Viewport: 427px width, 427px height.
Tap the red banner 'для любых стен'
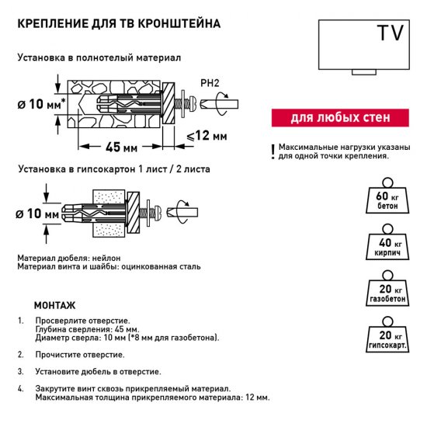coord(338,119)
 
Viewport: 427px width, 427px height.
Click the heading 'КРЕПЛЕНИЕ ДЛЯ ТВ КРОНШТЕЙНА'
coord(119,24)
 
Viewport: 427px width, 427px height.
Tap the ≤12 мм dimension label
coord(207,137)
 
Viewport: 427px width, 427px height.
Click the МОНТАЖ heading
coord(54,305)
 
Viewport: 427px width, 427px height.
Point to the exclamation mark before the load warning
coord(273,151)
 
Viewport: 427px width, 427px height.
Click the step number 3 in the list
coord(21,372)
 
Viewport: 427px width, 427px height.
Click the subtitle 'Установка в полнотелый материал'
coord(99,58)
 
